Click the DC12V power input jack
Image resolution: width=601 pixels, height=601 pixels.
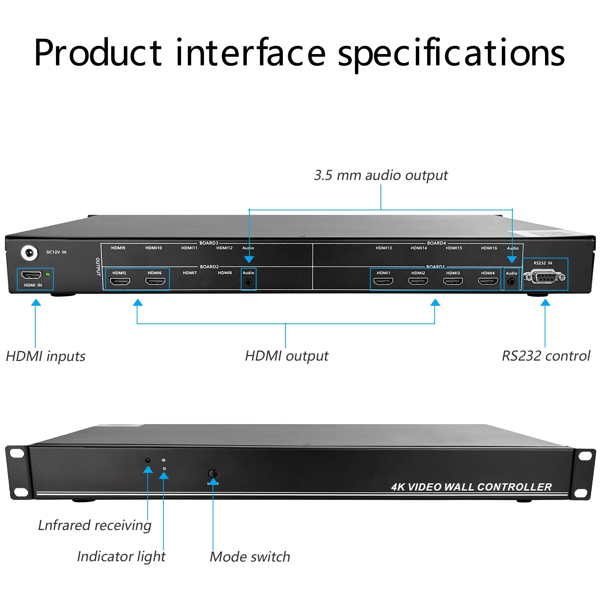coord(29,253)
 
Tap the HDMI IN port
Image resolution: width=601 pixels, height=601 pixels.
coord(32,275)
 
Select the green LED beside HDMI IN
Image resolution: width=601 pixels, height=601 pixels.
coord(48,275)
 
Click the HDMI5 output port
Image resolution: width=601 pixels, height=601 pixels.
coord(120,281)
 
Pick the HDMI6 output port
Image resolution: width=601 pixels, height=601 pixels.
coord(155,281)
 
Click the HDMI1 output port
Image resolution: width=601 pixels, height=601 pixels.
coord(383,281)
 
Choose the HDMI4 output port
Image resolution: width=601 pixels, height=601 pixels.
coord(488,281)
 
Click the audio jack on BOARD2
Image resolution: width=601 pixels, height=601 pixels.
coord(248,282)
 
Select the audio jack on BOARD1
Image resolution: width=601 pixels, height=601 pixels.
coord(511,282)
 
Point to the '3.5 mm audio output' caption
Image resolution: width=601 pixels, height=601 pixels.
coord(381,175)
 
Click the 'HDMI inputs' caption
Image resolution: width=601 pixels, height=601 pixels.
coord(45,356)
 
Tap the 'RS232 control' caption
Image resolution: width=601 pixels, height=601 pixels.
coord(546,356)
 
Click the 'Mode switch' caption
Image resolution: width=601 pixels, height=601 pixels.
coord(250,557)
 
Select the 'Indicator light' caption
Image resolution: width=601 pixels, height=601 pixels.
coord(121,557)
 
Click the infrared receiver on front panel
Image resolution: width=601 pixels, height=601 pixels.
coord(148,460)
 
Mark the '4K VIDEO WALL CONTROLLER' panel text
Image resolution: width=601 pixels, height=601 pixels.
coord(471,487)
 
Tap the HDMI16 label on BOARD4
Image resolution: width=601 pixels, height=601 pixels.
coord(489,248)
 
